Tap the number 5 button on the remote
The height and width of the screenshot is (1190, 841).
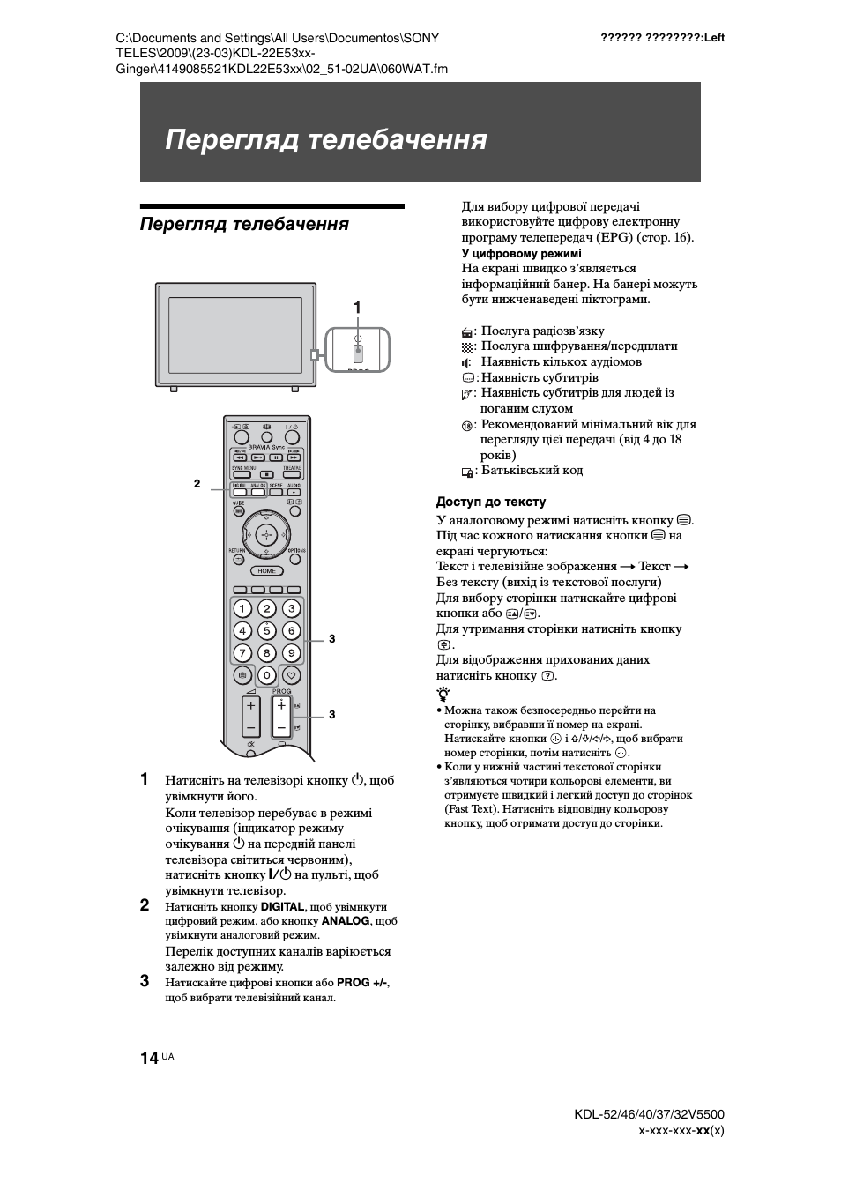coord(266,631)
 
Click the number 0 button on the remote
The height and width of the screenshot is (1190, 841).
coord(266,676)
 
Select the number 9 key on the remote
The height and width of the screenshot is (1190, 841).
coord(291,653)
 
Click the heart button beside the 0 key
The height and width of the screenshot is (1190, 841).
coord(292,676)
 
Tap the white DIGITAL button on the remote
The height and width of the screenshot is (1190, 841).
coord(239,491)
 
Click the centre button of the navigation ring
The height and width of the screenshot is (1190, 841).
coord(266,535)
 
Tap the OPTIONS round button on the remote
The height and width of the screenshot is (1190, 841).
coord(295,557)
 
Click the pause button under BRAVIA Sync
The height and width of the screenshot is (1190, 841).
coord(277,457)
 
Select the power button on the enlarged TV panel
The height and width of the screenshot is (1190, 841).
coord(358,351)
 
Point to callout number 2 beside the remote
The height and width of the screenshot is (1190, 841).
coord(197,483)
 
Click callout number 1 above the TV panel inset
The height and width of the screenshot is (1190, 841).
coord(357,308)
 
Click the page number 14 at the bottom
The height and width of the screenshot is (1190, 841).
coord(148,1058)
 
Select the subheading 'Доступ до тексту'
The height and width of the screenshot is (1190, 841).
coord(491,502)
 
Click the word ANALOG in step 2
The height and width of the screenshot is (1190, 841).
coord(346,920)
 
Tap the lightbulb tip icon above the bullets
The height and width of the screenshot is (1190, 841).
coord(442,694)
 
